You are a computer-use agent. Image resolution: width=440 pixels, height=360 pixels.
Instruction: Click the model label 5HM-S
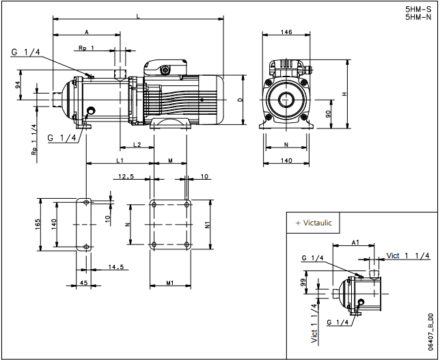[417, 10]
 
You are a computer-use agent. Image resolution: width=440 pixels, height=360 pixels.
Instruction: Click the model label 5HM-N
[417, 18]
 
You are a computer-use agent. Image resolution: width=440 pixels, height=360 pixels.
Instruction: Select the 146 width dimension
[286, 33]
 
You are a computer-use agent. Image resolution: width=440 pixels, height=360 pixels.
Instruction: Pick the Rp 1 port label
[86, 48]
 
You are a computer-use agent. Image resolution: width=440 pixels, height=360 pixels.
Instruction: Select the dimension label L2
[137, 145]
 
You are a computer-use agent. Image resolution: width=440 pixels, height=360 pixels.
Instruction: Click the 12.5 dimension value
[125, 176]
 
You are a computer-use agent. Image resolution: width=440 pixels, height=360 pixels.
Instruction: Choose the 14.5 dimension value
[115, 267]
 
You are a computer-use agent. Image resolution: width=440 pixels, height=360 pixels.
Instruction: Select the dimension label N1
[207, 225]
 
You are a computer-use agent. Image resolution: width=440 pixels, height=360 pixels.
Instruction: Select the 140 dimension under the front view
[286, 160]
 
